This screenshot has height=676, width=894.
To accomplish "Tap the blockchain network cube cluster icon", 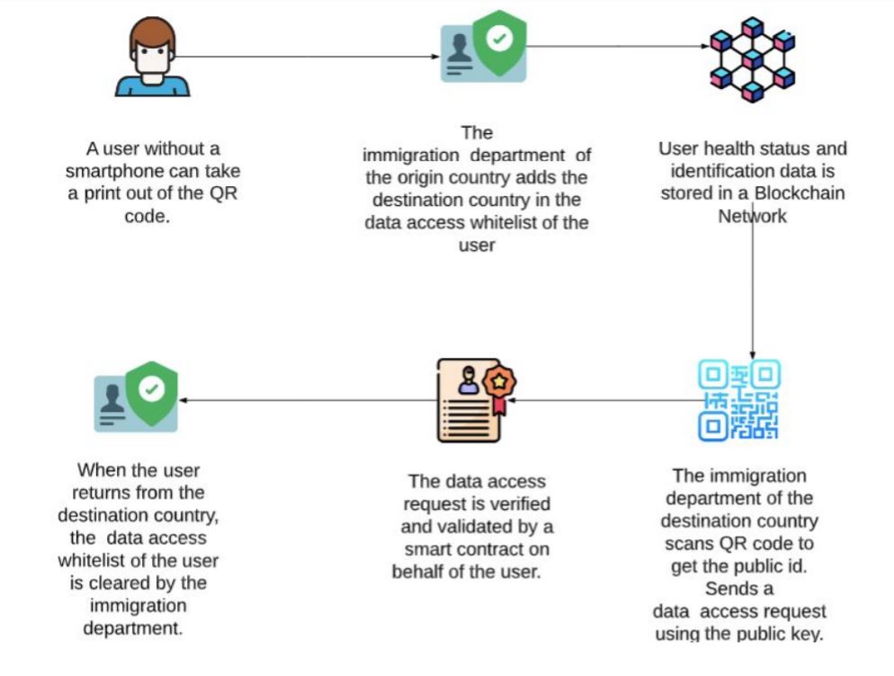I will click(751, 58).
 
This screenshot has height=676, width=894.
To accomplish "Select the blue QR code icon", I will click(739, 399).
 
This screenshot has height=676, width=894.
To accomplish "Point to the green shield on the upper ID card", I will click(499, 40).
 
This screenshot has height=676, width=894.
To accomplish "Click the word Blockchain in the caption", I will click(799, 193).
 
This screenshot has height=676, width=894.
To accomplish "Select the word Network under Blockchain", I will click(751, 216).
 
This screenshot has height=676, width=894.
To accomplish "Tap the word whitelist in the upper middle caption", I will click(532, 223).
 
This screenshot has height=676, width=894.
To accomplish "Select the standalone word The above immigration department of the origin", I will click(477, 133).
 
